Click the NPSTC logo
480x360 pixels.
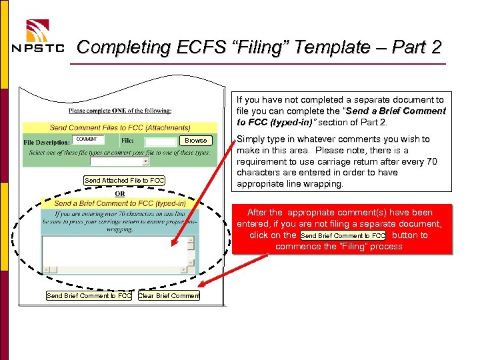39,37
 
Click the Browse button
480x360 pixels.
195,141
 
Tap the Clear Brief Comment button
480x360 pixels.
169,295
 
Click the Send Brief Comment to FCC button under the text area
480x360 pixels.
89,295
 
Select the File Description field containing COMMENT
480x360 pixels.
87,140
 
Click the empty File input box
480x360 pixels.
160,141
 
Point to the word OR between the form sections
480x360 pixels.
120,193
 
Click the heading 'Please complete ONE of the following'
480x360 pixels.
120,111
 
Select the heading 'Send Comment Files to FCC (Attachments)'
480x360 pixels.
120,127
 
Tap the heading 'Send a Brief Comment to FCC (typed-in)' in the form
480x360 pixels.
120,203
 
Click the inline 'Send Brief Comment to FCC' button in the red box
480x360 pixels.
343,236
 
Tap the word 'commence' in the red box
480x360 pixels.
297,247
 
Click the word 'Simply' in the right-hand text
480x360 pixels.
251,139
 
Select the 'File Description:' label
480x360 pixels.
47,142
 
